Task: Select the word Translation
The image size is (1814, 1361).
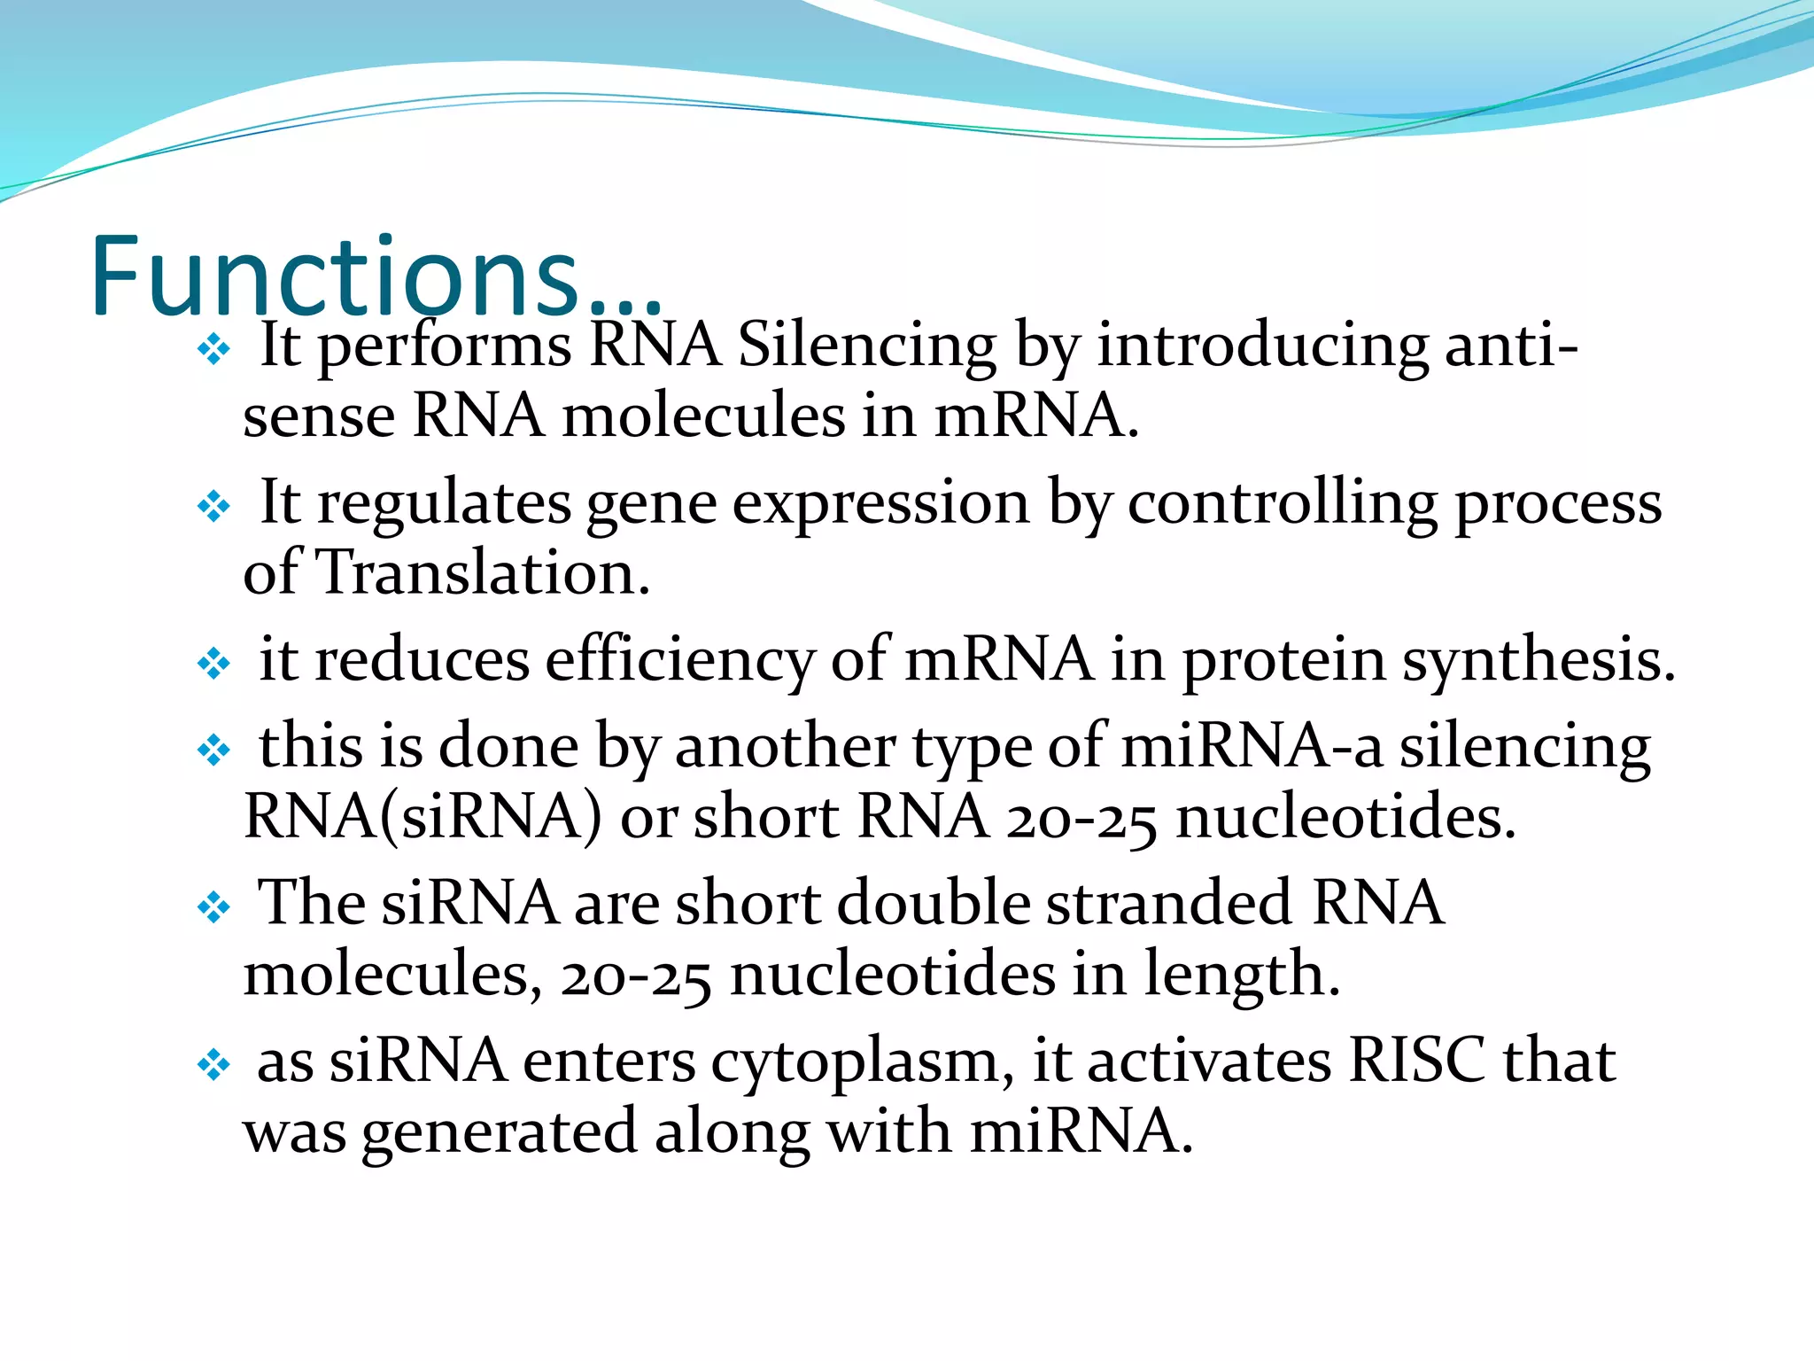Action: (483, 573)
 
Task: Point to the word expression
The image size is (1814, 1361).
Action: (880, 503)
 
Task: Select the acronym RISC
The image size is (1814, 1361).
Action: (1415, 1061)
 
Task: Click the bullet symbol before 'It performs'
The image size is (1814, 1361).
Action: (213, 351)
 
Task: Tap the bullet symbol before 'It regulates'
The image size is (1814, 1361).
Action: (213, 508)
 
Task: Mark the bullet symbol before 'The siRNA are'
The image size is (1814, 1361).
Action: (213, 908)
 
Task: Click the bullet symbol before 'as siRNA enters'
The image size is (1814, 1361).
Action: (213, 1065)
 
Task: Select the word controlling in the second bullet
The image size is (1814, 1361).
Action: (1282, 503)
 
